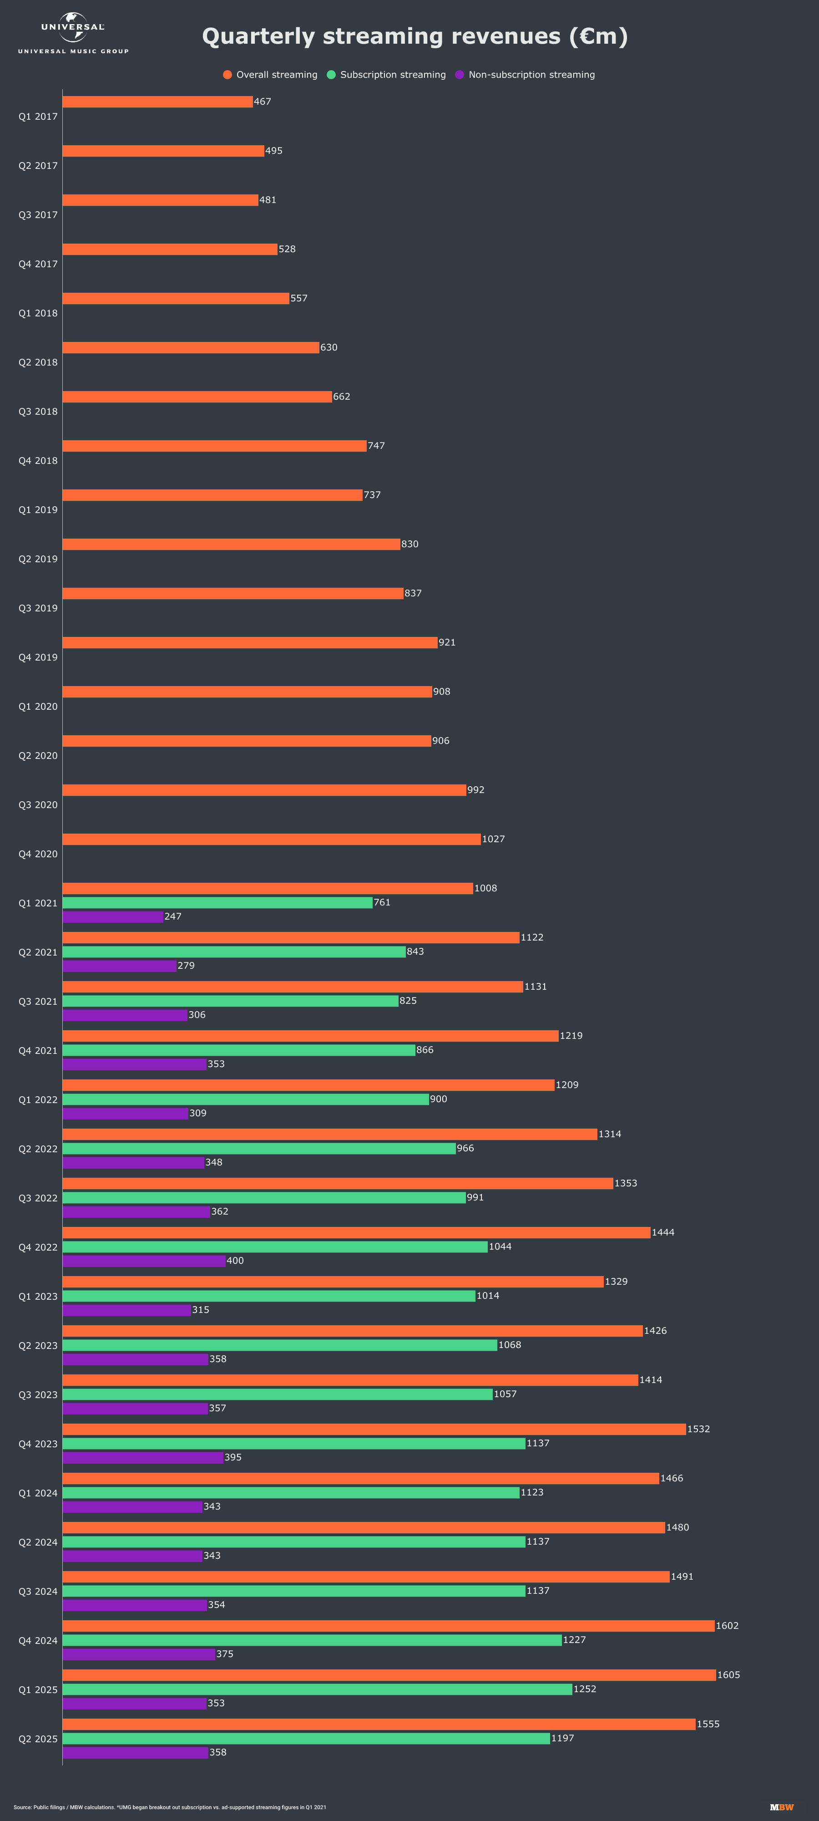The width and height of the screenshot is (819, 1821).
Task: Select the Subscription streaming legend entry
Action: point(387,75)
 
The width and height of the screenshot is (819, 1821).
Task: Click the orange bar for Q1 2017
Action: point(157,102)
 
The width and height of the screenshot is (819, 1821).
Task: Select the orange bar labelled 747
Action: point(214,446)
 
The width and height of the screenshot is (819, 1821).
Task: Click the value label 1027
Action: point(493,839)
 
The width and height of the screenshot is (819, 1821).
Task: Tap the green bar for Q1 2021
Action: point(217,903)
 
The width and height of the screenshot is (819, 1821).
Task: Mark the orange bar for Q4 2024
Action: point(388,1626)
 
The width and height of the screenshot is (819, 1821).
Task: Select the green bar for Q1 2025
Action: point(317,1689)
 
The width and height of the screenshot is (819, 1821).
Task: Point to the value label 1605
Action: point(728,1675)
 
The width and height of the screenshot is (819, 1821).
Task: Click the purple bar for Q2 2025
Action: point(135,1752)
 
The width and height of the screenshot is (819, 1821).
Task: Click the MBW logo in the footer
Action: point(782,1807)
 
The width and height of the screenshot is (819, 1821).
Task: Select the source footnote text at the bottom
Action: point(170,1807)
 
